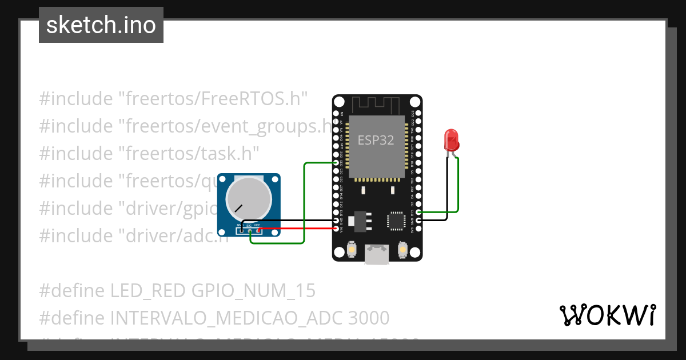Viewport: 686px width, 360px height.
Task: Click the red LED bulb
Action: [451, 139]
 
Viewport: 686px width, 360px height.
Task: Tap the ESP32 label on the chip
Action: [376, 140]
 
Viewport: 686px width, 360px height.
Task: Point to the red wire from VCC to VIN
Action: [297, 229]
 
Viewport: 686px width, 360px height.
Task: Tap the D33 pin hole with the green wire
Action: [336, 163]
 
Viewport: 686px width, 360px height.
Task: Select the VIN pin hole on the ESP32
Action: [336, 229]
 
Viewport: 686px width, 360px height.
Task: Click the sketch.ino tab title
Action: [101, 25]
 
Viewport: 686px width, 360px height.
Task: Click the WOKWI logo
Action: [607, 315]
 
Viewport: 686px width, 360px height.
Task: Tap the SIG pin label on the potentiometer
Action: [249, 226]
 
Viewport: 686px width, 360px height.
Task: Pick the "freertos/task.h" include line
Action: [149, 153]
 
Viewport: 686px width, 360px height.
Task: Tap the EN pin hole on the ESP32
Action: [336, 114]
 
